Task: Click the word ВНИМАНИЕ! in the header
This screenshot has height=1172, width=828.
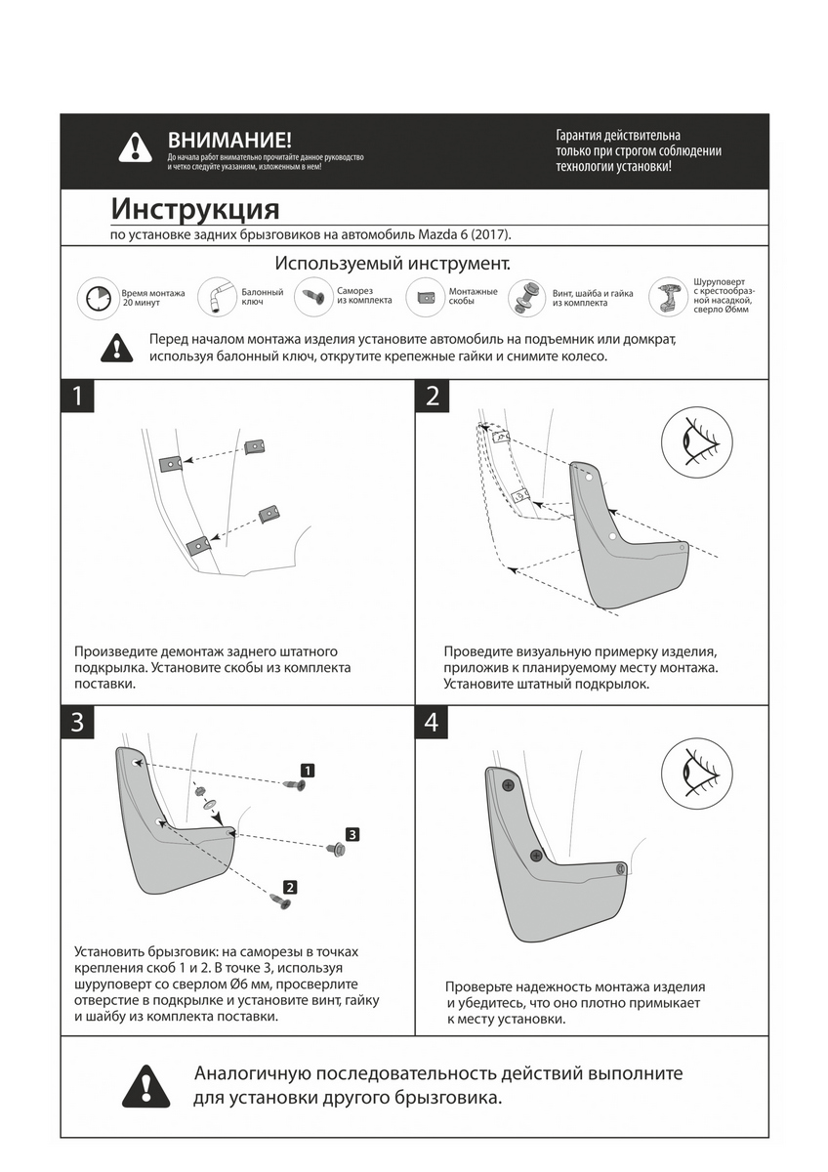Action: pyautogui.click(x=229, y=141)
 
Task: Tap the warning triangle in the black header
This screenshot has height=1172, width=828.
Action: pyautogui.click(x=135, y=148)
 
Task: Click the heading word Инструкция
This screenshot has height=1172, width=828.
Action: pyautogui.click(x=195, y=209)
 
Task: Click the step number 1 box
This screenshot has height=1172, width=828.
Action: pyautogui.click(x=78, y=397)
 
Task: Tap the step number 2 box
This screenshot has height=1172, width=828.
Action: pyautogui.click(x=434, y=397)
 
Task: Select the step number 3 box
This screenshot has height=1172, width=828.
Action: pyautogui.click(x=78, y=724)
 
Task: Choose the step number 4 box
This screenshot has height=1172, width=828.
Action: pyautogui.click(x=434, y=724)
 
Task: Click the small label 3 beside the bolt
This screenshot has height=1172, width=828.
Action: pyautogui.click(x=352, y=834)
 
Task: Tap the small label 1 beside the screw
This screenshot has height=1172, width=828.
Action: pyautogui.click(x=307, y=771)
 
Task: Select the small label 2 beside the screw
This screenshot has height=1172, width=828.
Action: pyautogui.click(x=290, y=888)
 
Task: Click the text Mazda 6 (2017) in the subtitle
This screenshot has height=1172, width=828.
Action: pyautogui.click(x=464, y=235)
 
